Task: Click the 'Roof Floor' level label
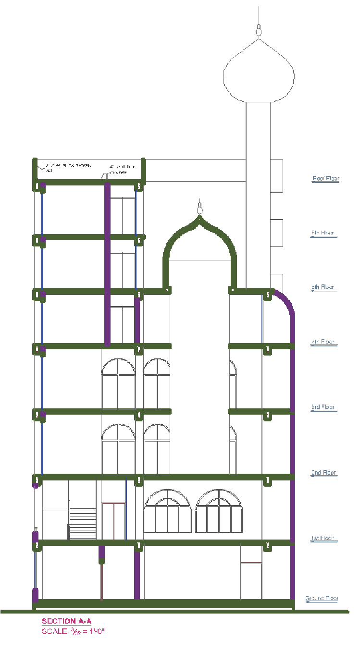click(x=325, y=179)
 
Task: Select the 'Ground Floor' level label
click(x=322, y=598)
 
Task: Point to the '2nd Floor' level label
click(x=324, y=473)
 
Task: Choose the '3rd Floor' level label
click(x=323, y=407)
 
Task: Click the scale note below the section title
click(x=73, y=631)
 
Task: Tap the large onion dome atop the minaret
click(x=259, y=72)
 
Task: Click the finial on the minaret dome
click(x=259, y=30)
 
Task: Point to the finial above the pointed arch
click(x=199, y=208)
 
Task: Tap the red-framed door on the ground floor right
click(x=251, y=581)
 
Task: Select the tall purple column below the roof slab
click(x=108, y=264)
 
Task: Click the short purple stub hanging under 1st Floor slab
click(x=101, y=554)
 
